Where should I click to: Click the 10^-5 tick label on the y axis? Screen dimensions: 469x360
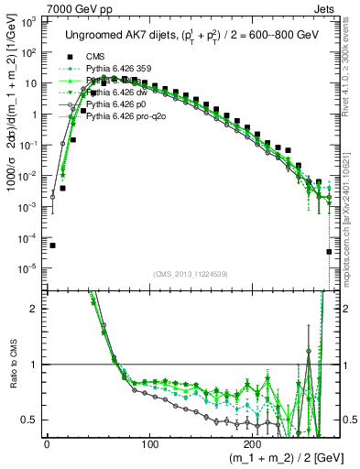coord(28,268)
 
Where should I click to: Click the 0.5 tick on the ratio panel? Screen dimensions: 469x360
coord(33,420)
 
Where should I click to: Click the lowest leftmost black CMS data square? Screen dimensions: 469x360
coord(52,245)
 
